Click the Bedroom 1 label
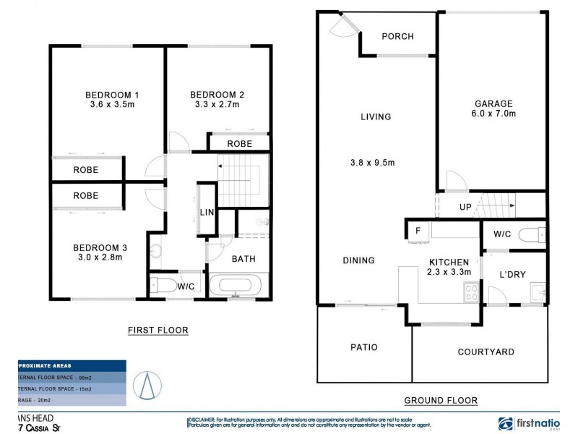point(112,95)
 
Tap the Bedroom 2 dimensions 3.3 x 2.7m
point(217,105)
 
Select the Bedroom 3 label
point(101,247)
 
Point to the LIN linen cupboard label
point(206,211)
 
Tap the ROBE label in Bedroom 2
point(239,144)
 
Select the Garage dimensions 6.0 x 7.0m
point(493,114)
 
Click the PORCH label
point(397,37)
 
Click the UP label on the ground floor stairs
point(466,207)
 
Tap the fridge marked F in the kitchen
point(417,231)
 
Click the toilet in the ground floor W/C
point(531,234)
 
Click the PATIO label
point(364,347)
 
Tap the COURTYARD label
point(486,352)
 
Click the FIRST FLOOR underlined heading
point(158,331)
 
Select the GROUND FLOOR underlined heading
point(440,400)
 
